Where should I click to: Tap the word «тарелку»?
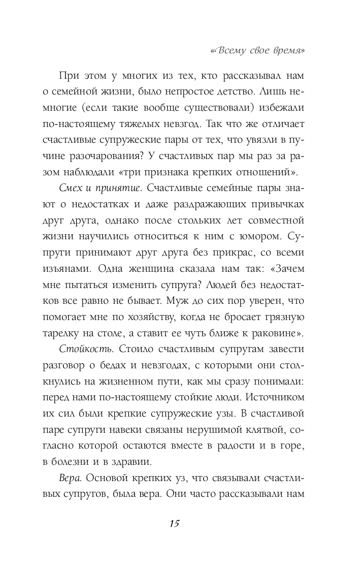click(x=79, y=334)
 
